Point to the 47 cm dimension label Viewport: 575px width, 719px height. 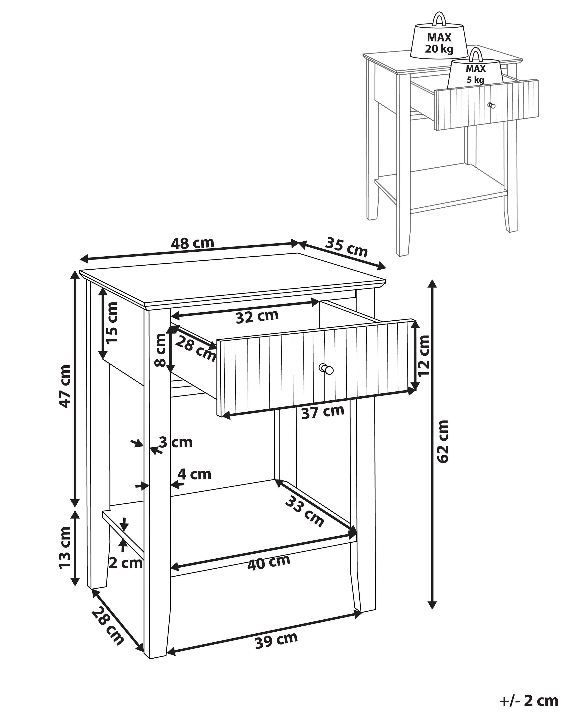64,386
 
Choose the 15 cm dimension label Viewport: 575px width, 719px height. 112,322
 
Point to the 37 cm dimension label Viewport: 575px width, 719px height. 323,412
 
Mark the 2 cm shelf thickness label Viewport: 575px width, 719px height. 126,563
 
